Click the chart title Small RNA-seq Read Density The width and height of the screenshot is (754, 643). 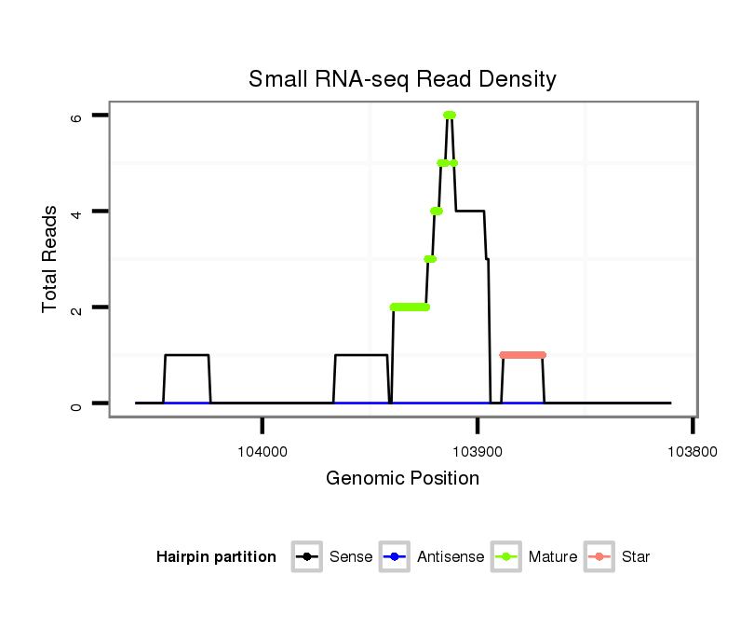coord(402,79)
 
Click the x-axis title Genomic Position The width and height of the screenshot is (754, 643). coord(402,479)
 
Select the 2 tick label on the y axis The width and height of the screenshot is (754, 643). coord(77,308)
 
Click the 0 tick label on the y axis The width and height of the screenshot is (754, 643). coord(77,404)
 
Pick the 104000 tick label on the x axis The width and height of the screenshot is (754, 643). coord(263,451)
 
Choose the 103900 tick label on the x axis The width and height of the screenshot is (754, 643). coord(478,451)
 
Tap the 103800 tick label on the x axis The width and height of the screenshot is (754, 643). coord(693,451)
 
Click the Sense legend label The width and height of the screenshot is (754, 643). coord(351,557)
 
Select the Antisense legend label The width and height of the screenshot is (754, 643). coord(451,557)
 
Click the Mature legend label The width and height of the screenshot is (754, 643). coord(552,557)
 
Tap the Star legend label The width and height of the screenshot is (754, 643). coord(637,557)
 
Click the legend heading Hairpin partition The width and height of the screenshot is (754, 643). coord(216,557)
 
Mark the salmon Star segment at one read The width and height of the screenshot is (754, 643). coord(522,355)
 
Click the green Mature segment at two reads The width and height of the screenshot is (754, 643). coord(410,307)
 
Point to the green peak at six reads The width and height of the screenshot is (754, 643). coord(450,115)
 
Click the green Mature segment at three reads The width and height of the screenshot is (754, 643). coord(430,259)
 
